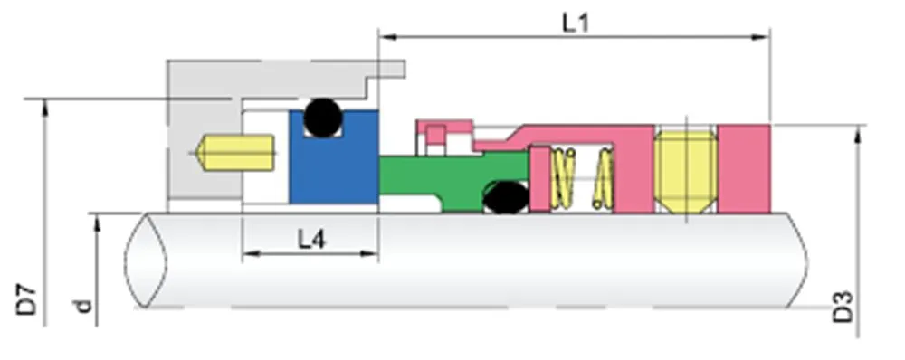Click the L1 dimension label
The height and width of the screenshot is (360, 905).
[x=576, y=23]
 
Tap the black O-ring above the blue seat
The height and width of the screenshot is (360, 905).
[x=322, y=117]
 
